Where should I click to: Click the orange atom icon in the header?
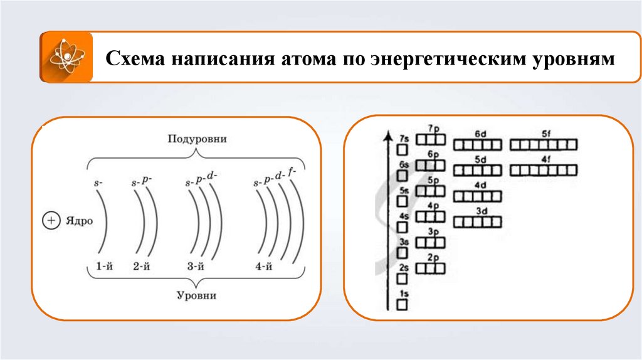[x=66, y=57]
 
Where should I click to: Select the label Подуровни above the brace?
[x=197, y=139]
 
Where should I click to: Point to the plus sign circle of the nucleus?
[x=50, y=221]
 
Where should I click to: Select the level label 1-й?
[x=104, y=267]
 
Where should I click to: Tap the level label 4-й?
[x=263, y=267]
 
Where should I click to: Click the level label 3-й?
[x=196, y=267]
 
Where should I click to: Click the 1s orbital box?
[x=403, y=304]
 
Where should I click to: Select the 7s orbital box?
[x=403, y=149]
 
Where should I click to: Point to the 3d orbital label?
[x=481, y=211]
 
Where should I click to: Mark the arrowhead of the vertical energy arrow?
[x=391, y=137]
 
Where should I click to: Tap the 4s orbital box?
[x=403, y=227]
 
